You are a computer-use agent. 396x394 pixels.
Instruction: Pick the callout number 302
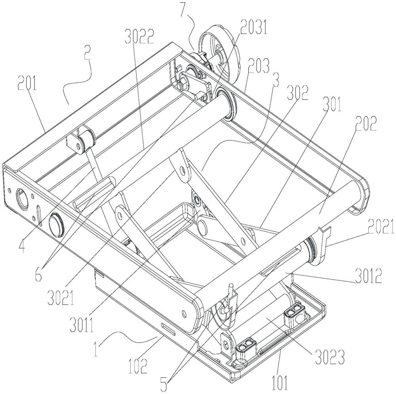(298, 93)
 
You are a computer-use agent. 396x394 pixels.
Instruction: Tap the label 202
(366, 123)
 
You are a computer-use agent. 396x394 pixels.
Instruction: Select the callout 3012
(368, 277)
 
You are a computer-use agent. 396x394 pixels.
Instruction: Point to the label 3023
(330, 357)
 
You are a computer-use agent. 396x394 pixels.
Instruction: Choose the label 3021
(61, 297)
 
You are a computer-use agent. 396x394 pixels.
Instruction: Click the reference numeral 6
(38, 275)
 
